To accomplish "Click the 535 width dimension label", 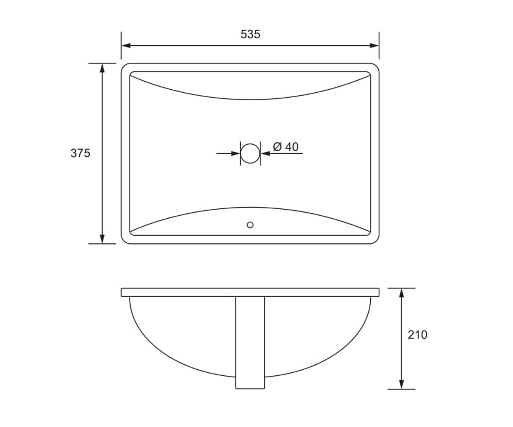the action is point(250,34).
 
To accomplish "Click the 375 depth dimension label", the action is point(80,153).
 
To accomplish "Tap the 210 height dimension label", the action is point(417,335).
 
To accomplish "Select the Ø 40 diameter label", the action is point(286,147).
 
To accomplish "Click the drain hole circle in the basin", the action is point(250,144).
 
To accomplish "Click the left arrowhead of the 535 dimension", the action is point(126,46).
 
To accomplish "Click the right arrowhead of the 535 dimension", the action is point(374,46).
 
